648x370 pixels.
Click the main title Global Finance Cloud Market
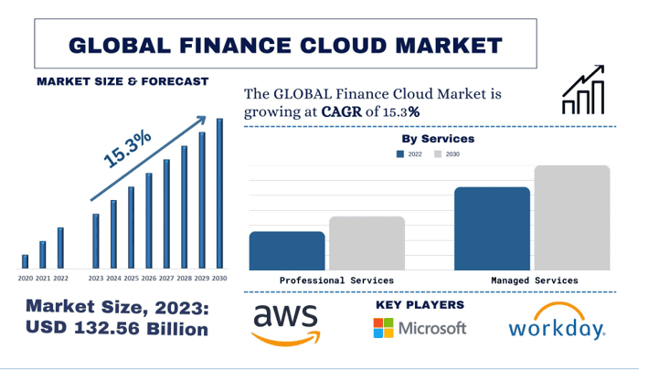click(285, 44)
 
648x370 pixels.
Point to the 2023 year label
click(96, 278)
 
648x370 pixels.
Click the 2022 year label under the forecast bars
click(61, 278)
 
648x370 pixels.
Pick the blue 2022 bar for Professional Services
click(287, 250)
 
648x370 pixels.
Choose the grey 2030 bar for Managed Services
click(571, 217)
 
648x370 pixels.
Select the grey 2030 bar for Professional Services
click(366, 243)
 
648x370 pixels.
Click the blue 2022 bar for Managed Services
click(492, 228)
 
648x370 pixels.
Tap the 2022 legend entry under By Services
click(409, 154)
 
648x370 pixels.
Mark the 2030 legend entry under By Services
click(447, 154)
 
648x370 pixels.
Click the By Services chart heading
click(438, 139)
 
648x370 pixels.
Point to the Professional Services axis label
click(336, 280)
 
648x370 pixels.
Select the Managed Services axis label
click(534, 280)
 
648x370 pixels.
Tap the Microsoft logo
click(420, 328)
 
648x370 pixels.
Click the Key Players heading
click(420, 304)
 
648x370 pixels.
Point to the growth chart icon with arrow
click(582, 90)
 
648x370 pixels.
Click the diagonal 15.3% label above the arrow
click(127, 149)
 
